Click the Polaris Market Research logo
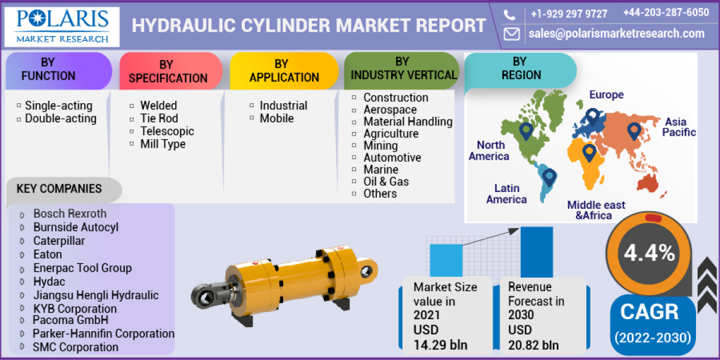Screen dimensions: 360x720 (x=62, y=26)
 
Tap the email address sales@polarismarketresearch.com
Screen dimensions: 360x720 (x=616, y=34)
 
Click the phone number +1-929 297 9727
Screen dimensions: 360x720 (x=569, y=14)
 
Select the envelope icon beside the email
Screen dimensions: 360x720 (x=512, y=34)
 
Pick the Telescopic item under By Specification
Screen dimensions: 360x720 (x=167, y=131)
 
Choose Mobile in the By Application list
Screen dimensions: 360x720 (x=277, y=118)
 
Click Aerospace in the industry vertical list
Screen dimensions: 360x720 (x=389, y=109)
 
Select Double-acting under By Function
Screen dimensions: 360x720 (x=61, y=118)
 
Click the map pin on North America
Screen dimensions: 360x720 (x=526, y=131)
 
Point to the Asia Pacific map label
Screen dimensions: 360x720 (x=679, y=127)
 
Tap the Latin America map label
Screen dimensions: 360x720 (x=506, y=194)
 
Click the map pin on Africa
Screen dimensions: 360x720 (x=589, y=152)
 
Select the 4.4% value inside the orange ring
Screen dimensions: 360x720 (x=649, y=253)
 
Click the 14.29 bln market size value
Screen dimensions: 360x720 (x=440, y=344)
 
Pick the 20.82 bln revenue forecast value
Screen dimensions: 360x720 (x=533, y=344)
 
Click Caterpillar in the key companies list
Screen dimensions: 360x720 (x=59, y=241)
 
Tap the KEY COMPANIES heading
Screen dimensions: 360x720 (x=59, y=189)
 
